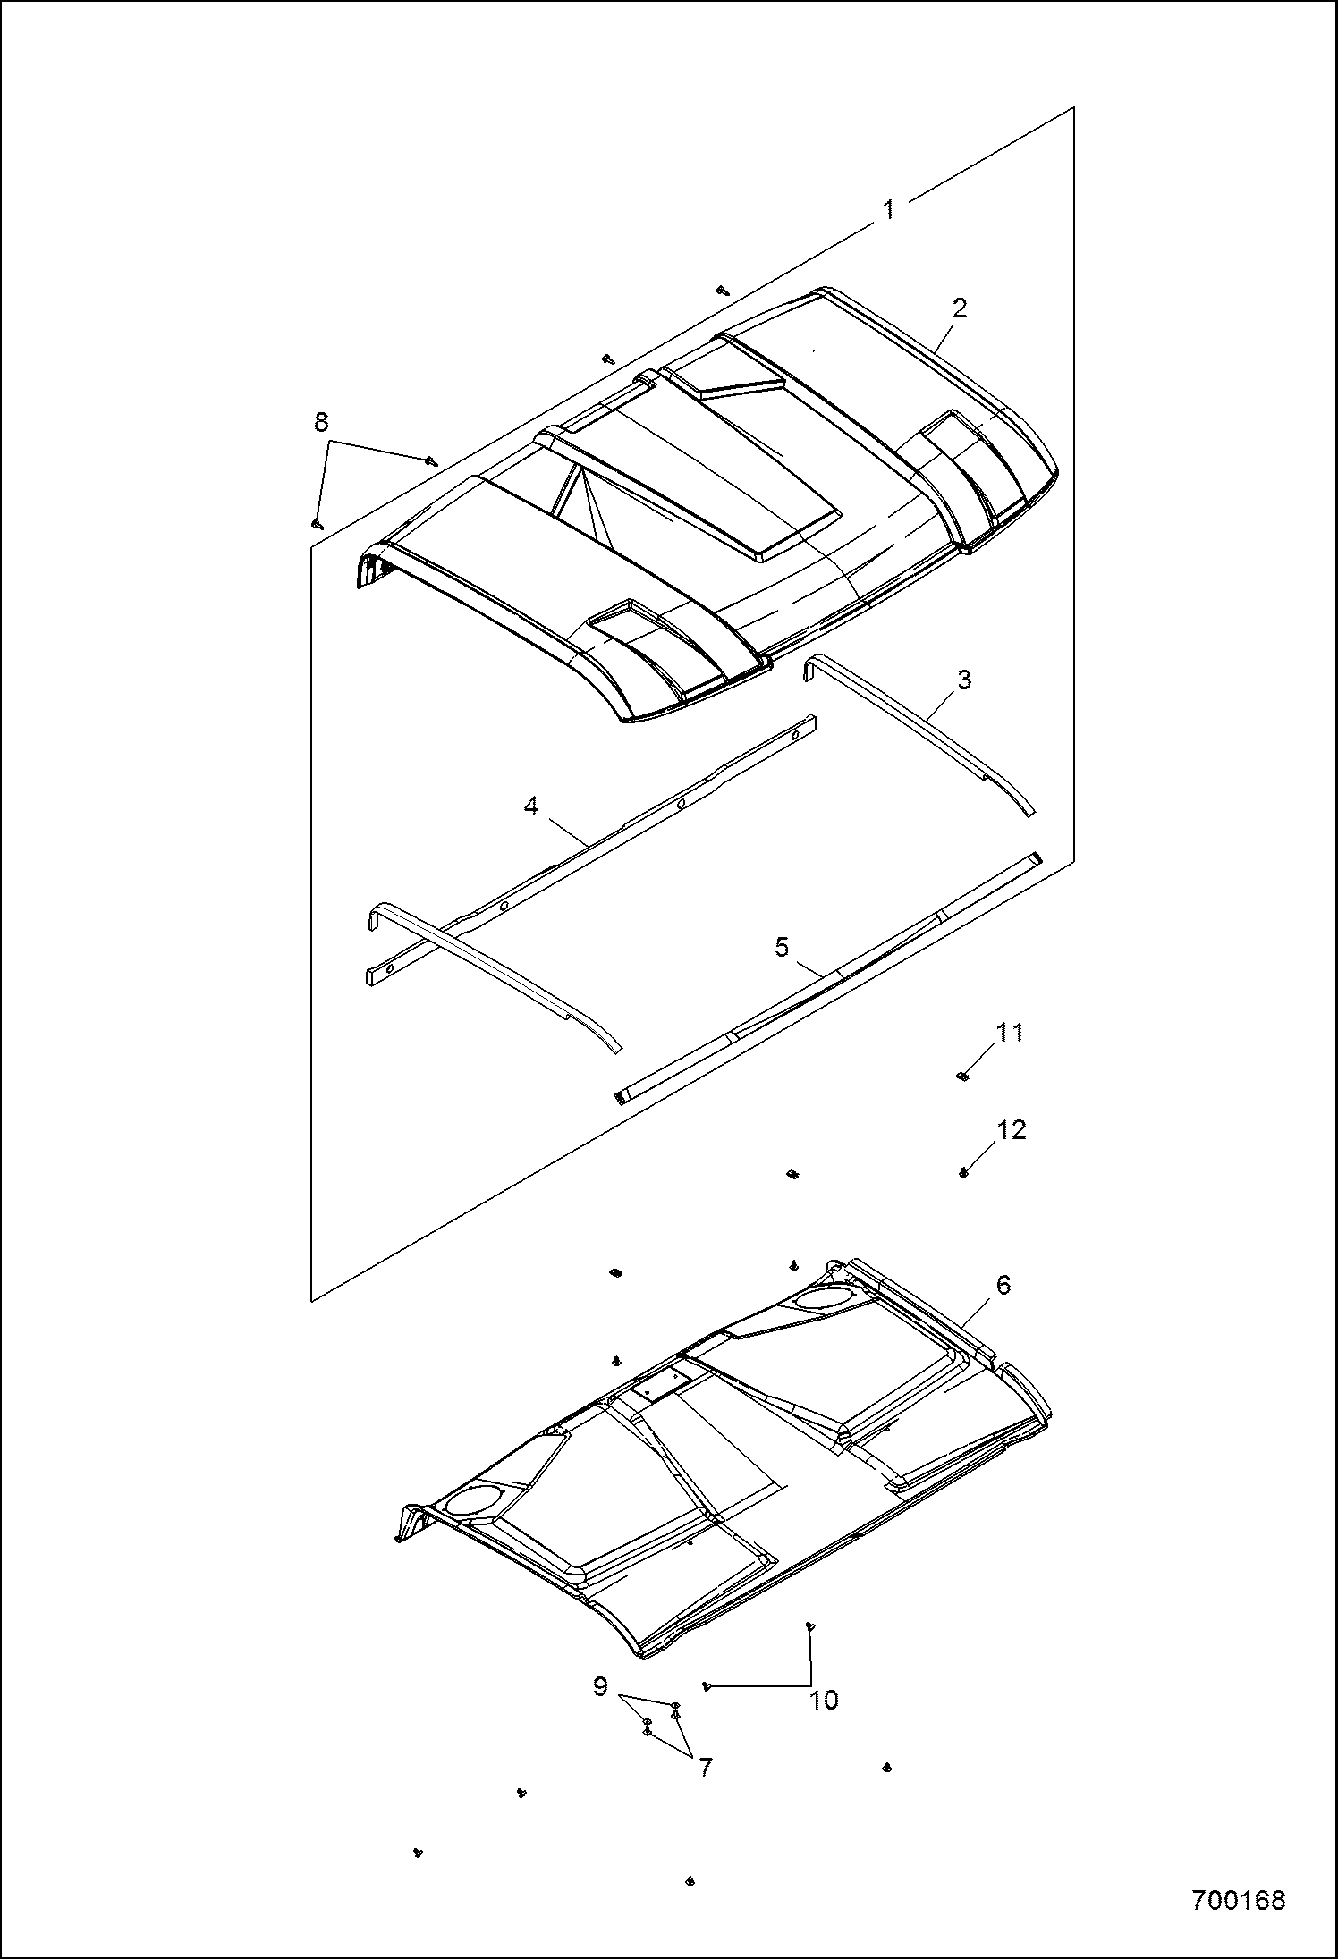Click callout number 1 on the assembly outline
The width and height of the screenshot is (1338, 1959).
tap(888, 210)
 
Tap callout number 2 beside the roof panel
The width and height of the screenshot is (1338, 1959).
tap(960, 308)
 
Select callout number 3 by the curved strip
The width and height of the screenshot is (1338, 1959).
tap(964, 680)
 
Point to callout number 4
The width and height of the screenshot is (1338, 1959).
tap(531, 806)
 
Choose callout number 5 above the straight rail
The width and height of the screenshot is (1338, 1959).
tap(782, 947)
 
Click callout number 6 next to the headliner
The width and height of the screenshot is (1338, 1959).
tap(1003, 1285)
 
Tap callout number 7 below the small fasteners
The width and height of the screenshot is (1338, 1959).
tap(706, 1768)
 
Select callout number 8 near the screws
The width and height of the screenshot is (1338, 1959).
tap(321, 422)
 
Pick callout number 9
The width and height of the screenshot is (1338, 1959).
tap(601, 1687)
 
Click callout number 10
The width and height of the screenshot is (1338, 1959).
tap(824, 1701)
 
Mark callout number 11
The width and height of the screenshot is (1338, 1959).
tap(1010, 1032)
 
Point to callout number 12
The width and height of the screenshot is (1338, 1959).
tap(1011, 1130)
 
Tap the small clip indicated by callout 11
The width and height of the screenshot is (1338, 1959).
tap(962, 1076)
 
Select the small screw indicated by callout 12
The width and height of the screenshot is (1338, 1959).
tap(963, 1172)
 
